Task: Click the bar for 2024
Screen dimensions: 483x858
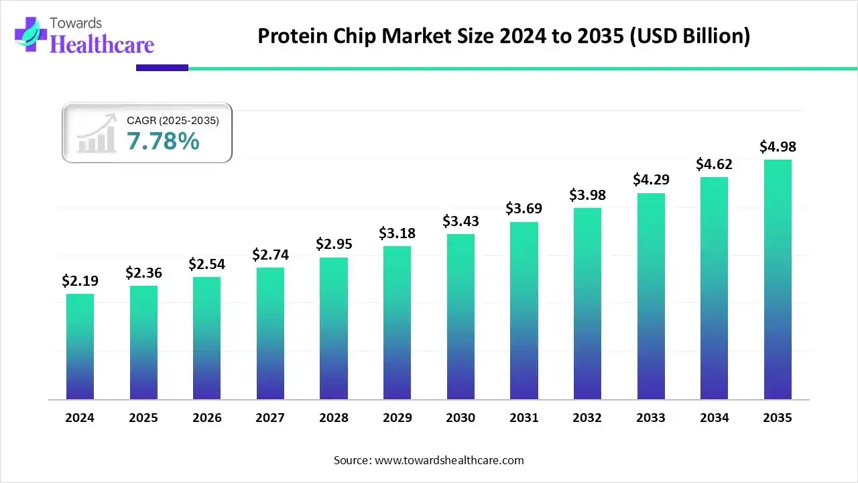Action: pos(80,346)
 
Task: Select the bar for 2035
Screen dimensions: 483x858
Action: pos(778,279)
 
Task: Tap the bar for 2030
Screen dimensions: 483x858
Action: pos(461,317)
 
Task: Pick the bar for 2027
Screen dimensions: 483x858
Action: pos(270,333)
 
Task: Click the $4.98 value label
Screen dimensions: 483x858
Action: pos(778,146)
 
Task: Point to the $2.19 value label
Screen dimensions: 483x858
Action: pos(80,280)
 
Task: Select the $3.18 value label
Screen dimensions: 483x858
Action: pos(397,233)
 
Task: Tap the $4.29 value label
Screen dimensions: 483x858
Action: pos(651,180)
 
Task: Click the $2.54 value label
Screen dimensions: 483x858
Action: pos(206,264)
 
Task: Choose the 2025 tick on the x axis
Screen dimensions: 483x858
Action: pos(143,418)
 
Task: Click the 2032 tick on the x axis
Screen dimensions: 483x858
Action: pos(587,418)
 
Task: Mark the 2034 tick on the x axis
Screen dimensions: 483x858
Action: pos(715,418)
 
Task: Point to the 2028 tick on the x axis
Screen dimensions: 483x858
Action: pos(334,418)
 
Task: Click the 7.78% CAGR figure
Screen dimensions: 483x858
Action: pos(163,142)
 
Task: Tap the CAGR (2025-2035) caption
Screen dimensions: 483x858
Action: pos(172,120)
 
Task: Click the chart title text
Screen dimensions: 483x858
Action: pos(503,36)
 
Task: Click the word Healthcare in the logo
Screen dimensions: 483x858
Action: pos(102,44)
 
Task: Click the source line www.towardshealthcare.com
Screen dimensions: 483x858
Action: pos(428,460)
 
